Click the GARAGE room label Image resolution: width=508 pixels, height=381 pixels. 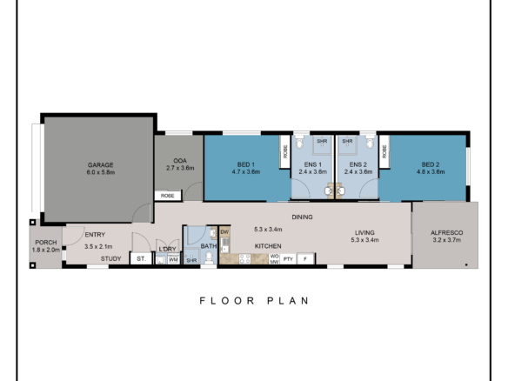coord(100,164)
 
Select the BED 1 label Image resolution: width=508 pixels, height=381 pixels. coord(246,164)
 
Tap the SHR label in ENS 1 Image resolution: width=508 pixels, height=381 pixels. coord(322,140)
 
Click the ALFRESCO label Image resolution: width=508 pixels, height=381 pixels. coord(445,231)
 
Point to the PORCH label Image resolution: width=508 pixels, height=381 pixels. coord(44,243)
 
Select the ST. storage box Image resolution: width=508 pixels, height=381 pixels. coord(140,258)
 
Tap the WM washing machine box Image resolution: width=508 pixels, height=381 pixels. coord(172,258)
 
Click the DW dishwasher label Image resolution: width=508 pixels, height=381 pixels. coord(224,232)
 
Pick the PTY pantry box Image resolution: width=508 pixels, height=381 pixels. coord(287,258)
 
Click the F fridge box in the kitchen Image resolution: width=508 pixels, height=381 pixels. coord(304,258)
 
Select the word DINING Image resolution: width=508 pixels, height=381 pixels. coord(303,217)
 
